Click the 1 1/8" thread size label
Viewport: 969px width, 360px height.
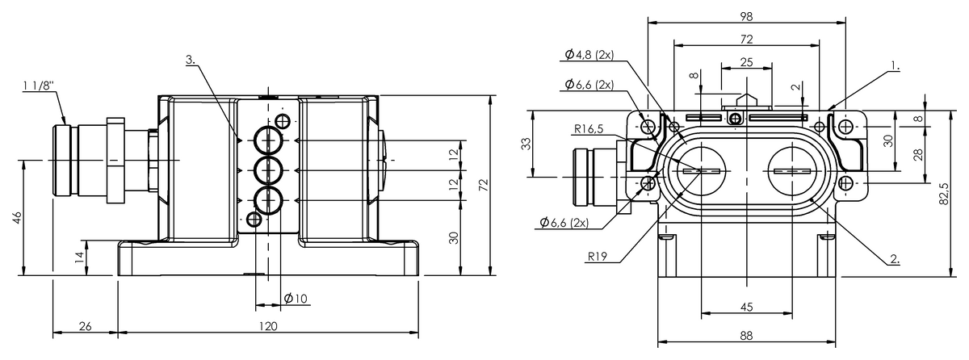coord(40,86)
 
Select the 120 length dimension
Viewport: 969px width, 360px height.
coord(268,326)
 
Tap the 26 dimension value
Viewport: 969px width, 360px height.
coord(86,326)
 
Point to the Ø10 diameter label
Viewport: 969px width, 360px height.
coord(296,298)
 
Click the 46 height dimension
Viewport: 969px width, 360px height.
coord(17,218)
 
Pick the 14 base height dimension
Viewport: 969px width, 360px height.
coord(79,257)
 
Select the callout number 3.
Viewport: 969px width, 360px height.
coord(191,60)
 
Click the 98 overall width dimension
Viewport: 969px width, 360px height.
coord(747,16)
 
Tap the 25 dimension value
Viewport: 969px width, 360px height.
coord(747,62)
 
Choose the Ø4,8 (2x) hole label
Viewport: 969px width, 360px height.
coord(589,55)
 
